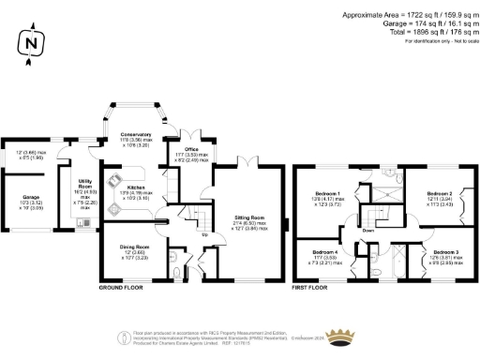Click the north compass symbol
tap(33, 43)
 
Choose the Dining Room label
tap(130, 247)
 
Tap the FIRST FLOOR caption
tap(313, 285)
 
